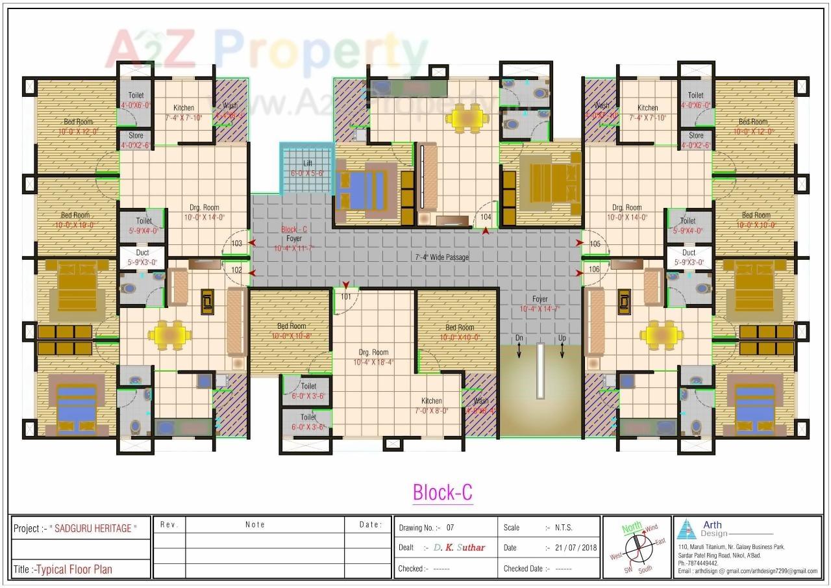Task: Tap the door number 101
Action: [346, 297]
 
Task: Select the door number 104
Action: [486, 216]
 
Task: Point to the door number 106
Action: [594, 268]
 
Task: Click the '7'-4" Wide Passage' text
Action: [441, 257]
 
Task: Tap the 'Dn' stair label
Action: [519, 339]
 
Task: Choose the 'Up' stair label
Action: [562, 339]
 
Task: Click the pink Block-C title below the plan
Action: [442, 492]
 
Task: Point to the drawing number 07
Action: [450, 528]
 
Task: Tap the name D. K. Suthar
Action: [459, 548]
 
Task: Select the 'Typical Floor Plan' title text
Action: [74, 569]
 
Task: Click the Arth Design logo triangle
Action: [686, 530]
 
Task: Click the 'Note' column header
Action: [255, 524]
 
